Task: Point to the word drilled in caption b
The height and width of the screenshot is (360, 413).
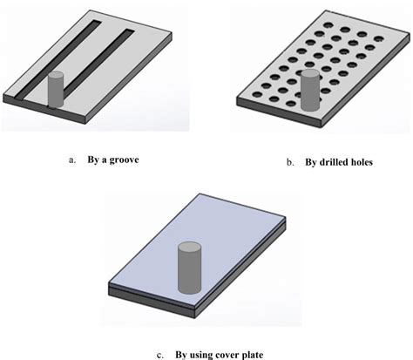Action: [x=326, y=162]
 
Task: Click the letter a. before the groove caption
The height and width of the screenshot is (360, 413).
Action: [x=71, y=160]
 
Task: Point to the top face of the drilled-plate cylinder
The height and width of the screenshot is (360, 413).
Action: [x=309, y=75]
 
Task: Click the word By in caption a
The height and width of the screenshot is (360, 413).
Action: [x=92, y=160]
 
